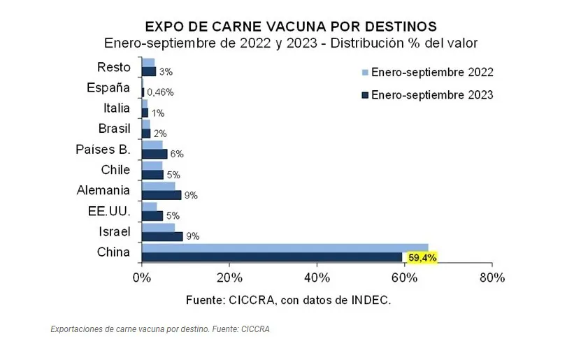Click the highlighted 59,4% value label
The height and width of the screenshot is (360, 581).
click(422, 258)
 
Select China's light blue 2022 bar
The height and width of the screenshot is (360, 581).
click(285, 247)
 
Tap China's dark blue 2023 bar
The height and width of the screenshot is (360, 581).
click(272, 257)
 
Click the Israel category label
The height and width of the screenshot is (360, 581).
click(114, 231)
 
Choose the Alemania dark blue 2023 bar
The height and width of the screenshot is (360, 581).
click(162, 195)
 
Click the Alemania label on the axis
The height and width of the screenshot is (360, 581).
click(103, 190)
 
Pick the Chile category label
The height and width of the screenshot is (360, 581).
click(115, 170)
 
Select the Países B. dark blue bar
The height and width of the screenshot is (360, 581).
click(155, 154)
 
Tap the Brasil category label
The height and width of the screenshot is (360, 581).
click(114, 129)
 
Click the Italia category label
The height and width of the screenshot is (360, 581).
click(116, 108)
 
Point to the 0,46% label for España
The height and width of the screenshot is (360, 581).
click(160, 92)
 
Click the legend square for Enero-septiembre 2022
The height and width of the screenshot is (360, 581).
click(364, 73)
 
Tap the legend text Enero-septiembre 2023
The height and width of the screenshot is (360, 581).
click(432, 94)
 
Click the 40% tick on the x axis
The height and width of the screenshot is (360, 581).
click(317, 278)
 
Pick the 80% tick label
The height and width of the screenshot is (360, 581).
click(492, 278)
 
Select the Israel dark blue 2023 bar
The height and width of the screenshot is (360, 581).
click(162, 236)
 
